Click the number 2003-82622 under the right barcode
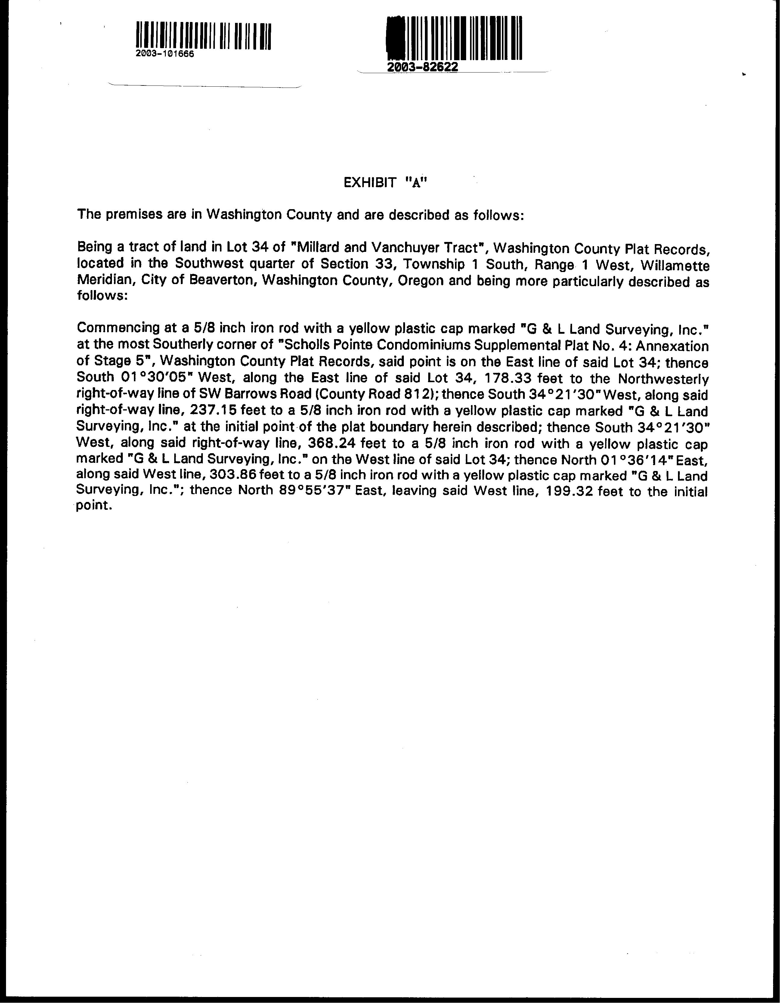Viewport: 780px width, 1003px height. [x=422, y=67]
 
